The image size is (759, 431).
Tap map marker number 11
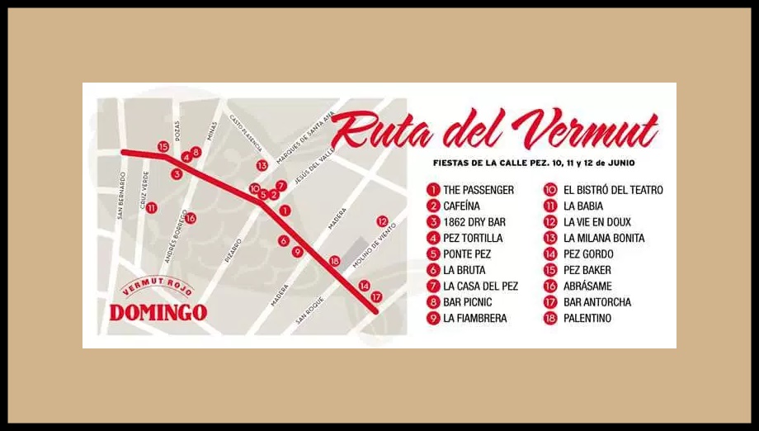[x=151, y=207]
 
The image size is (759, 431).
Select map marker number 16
[x=191, y=218]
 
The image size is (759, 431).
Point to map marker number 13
[x=262, y=165]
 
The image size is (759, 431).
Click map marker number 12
[x=381, y=221]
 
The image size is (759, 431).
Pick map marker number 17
[x=376, y=296]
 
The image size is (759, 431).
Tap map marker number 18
[x=334, y=261]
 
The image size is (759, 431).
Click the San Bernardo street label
[x=120, y=195]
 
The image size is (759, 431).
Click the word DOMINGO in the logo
[x=158, y=313]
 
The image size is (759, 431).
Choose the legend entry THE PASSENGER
[x=478, y=190]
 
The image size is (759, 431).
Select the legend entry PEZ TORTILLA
[x=472, y=238]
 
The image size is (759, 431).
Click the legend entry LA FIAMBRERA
[x=474, y=318]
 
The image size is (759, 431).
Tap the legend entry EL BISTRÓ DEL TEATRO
[x=612, y=190]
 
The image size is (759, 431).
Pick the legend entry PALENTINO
[x=587, y=318]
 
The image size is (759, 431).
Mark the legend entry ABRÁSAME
[x=587, y=286]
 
